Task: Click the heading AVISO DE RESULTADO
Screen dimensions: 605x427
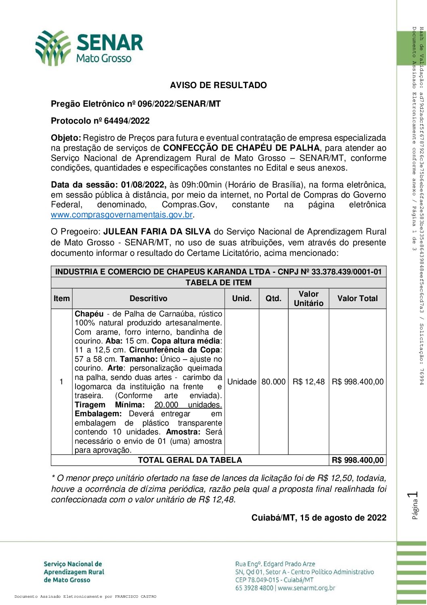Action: pyautogui.click(x=218, y=85)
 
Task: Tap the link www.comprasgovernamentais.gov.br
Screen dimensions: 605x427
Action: pyautogui.click(x=121, y=215)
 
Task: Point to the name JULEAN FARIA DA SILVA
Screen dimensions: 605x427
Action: pyautogui.click(x=157, y=232)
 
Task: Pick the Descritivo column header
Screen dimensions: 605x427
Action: pyautogui.click(x=148, y=299)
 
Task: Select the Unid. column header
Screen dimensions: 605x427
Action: pyautogui.click(x=242, y=299)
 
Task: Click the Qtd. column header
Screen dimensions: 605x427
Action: pyautogui.click(x=273, y=299)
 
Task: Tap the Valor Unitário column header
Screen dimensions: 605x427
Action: pyautogui.click(x=309, y=299)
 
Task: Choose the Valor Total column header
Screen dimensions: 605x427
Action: pyautogui.click(x=358, y=299)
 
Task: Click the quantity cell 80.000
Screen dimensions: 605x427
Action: pyautogui.click(x=273, y=382)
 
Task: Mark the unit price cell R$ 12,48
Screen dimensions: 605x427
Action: pyautogui.click(x=309, y=382)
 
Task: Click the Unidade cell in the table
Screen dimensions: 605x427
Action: pyautogui.click(x=242, y=382)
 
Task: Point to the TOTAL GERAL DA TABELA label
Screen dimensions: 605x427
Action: pyautogui.click(x=190, y=460)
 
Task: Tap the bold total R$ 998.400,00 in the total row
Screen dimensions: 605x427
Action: pyautogui.click(x=358, y=460)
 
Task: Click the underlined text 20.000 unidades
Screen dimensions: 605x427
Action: pyautogui.click(x=188, y=405)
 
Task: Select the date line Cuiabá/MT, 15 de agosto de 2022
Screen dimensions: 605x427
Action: pyautogui.click(x=319, y=518)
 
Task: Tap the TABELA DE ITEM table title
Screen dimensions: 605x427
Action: pyautogui.click(x=218, y=282)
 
